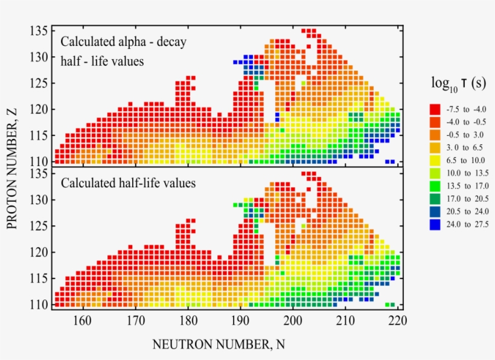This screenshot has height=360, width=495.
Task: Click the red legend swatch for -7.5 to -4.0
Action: pyautogui.click(x=434, y=109)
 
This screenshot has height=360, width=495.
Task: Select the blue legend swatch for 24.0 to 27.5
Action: pyautogui.click(x=434, y=224)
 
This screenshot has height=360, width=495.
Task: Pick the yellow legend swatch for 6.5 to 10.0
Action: pyautogui.click(x=434, y=160)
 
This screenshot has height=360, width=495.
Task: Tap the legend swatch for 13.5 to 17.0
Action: pyautogui.click(x=434, y=186)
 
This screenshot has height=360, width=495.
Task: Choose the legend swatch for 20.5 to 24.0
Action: pyautogui.click(x=434, y=211)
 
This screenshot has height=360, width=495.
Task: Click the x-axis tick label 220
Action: pyautogui.click(x=397, y=320)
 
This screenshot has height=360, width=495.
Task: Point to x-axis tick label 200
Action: pyautogui.click(x=293, y=320)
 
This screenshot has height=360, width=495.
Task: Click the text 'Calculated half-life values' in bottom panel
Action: pyautogui.click(x=128, y=183)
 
